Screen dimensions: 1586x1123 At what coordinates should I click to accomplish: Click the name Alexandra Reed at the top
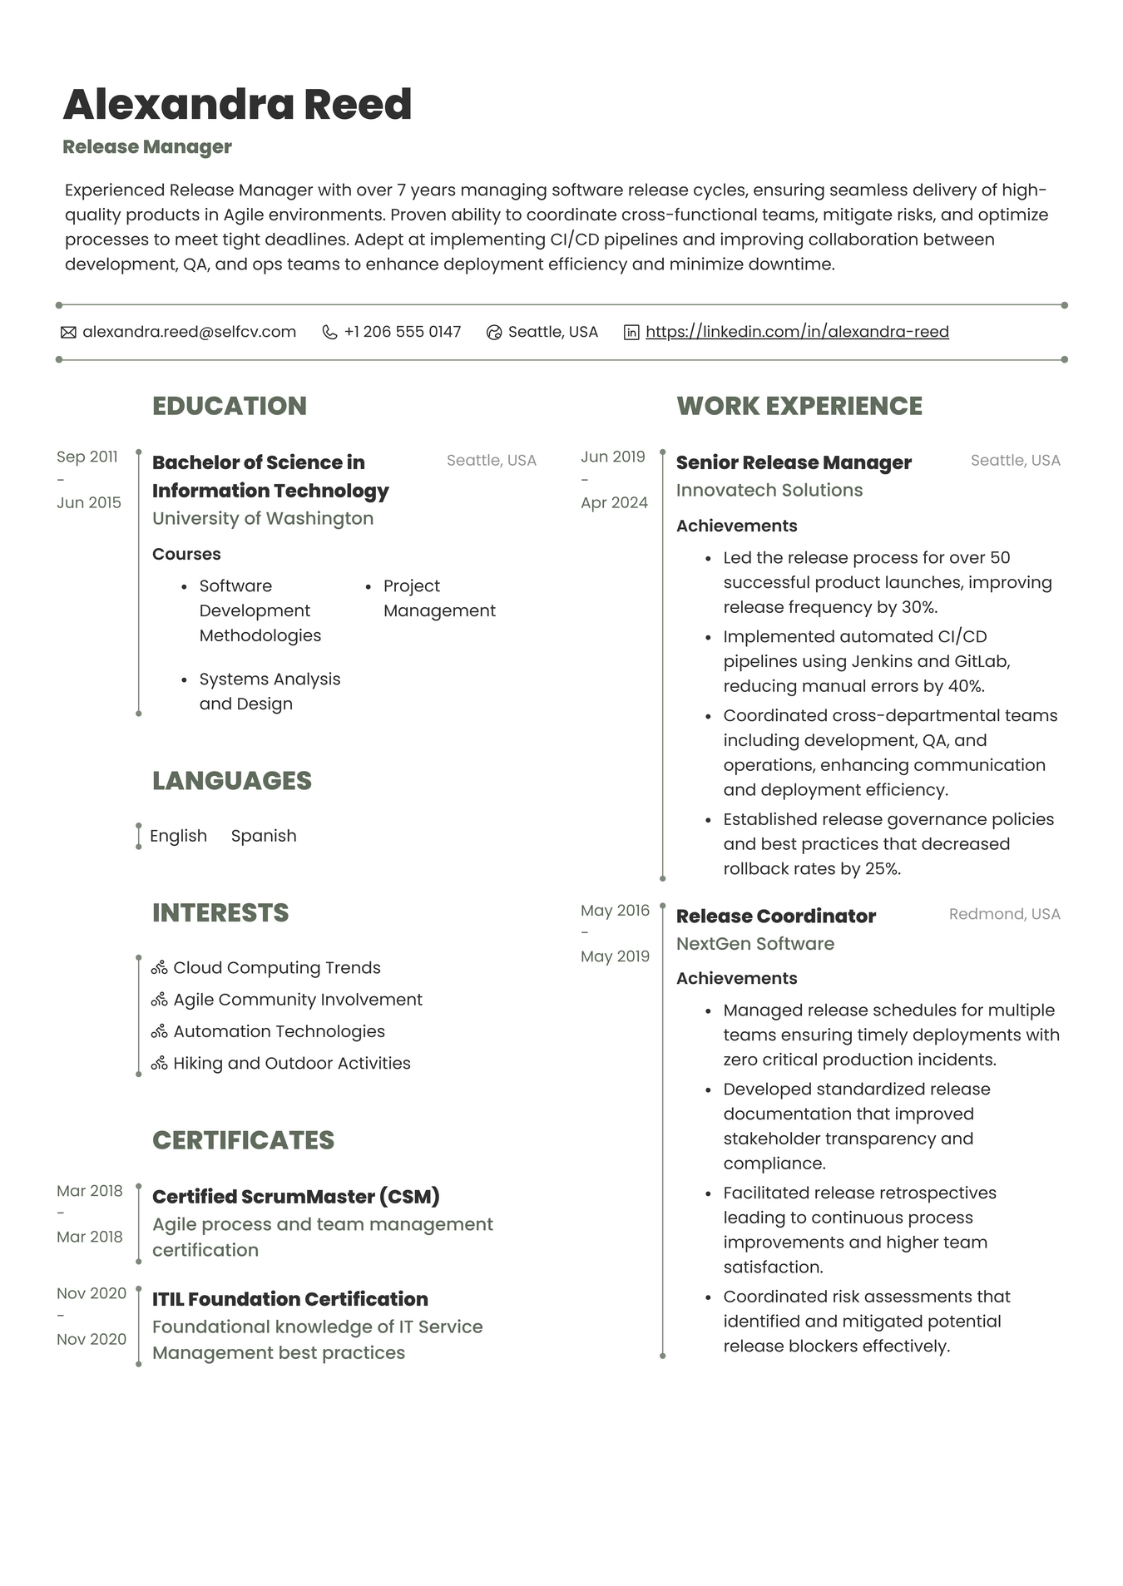[237, 105]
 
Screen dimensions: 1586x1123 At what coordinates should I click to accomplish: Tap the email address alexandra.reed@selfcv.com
[189, 332]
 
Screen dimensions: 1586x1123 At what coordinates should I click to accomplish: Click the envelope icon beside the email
[68, 333]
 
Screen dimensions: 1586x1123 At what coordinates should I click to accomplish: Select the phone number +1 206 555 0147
[402, 332]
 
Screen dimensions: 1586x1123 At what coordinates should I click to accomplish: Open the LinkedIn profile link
[796, 332]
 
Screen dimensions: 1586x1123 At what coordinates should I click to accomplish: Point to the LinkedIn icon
[631, 333]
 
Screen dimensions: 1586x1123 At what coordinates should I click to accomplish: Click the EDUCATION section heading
[230, 406]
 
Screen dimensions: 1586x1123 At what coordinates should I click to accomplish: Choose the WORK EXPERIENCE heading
[799, 406]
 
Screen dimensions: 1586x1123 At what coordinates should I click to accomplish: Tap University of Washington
[263, 518]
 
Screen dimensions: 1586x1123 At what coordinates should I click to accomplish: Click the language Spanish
[264, 836]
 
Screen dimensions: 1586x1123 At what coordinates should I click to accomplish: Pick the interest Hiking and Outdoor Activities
[291, 1063]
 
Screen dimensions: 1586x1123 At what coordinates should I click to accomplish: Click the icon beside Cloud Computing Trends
[160, 968]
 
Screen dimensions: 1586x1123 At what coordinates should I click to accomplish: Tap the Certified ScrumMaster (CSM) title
[295, 1197]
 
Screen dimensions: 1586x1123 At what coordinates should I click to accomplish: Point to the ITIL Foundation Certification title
[289, 1299]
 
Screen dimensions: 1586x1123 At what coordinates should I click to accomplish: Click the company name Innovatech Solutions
[769, 490]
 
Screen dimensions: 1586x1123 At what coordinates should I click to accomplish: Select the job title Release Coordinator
[775, 916]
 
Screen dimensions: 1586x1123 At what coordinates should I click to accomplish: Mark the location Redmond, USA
[1004, 914]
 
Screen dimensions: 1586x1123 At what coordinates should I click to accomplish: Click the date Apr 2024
[614, 502]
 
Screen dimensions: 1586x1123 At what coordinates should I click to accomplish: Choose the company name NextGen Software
[754, 944]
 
